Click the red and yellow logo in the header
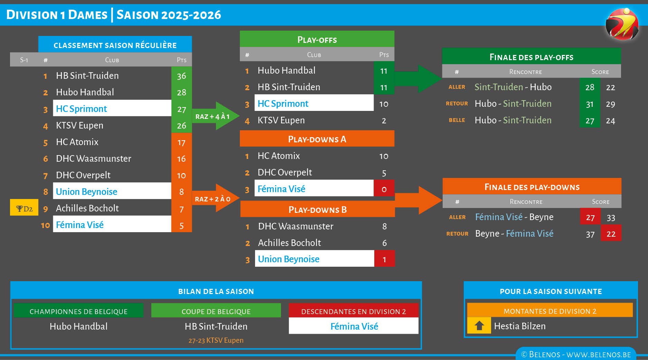pos(622,24)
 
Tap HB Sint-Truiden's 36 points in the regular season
pos(181,76)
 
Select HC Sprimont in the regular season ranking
pos(82,109)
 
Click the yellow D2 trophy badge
pos(24,208)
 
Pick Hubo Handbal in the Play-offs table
pos(287,70)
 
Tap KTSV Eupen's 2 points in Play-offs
pos(384,121)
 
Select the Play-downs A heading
pos(317,139)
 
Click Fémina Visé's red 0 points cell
pos(384,189)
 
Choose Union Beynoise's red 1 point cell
pos(384,259)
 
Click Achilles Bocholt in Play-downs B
pos(290,243)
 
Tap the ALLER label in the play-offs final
pos(457,87)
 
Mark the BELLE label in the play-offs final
pos(457,120)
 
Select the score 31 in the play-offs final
pos(590,104)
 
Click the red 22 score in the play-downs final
pos(611,234)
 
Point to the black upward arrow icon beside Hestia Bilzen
pos(479,325)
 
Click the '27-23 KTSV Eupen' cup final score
pos(216,340)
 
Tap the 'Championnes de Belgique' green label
pos(78,311)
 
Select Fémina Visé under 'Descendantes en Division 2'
pos(354,326)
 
